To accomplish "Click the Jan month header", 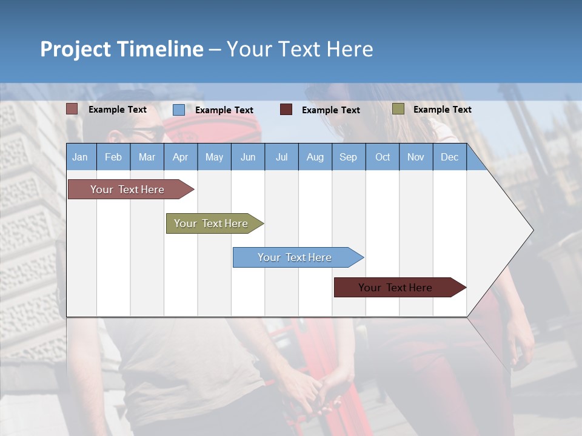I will pos(80,157).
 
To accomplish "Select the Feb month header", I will pos(113,157).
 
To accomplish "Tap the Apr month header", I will pos(180,157).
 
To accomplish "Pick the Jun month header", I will pos(248,157).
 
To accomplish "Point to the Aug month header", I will pos(315,157).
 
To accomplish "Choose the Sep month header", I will pos(348,157).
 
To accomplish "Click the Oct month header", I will pos(383,157).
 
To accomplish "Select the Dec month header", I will pos(449,157).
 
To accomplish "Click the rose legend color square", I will pos(72,109).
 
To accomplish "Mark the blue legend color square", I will pos(179,110).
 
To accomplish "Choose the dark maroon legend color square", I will pos(286,110).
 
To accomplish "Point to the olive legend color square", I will pos(398,109).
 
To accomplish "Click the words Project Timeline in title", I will pos(122,49).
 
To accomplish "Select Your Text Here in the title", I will pos(299,49).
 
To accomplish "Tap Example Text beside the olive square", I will pos(442,110).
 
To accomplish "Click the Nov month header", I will pos(416,157).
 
